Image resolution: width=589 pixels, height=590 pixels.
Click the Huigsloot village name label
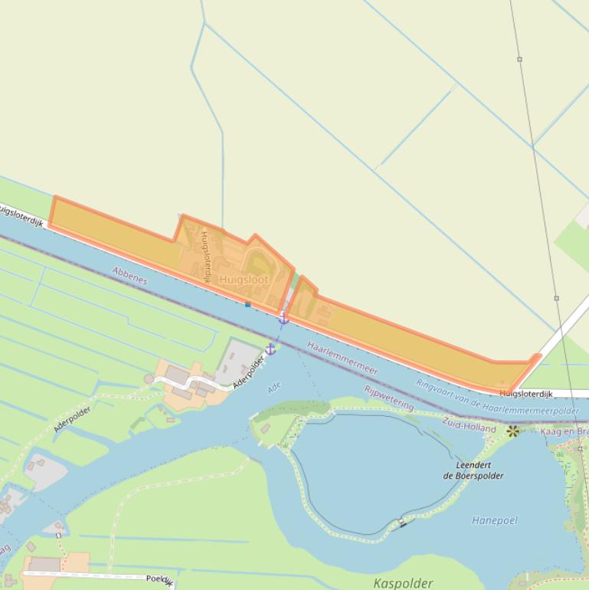[244, 280]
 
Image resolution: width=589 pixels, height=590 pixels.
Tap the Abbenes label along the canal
[129, 276]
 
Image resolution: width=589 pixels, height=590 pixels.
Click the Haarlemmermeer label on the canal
[342, 358]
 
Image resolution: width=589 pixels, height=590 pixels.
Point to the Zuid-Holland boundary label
[469, 425]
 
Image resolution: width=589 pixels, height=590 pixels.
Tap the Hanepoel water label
[494, 520]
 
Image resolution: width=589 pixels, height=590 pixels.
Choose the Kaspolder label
[403, 583]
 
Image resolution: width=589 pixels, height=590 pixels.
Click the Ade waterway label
[274, 388]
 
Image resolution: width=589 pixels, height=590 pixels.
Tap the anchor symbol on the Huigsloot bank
[283, 318]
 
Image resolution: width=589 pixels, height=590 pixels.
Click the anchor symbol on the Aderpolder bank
[270, 349]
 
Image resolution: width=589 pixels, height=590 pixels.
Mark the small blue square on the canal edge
[247, 304]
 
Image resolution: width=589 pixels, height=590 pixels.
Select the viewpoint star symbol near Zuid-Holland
[512, 431]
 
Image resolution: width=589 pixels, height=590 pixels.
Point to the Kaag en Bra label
[564, 432]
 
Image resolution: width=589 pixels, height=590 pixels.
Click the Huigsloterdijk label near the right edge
[525, 394]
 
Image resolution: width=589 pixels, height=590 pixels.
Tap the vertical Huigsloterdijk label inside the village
[205, 258]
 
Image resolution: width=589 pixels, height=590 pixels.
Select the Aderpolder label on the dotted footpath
[73, 419]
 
